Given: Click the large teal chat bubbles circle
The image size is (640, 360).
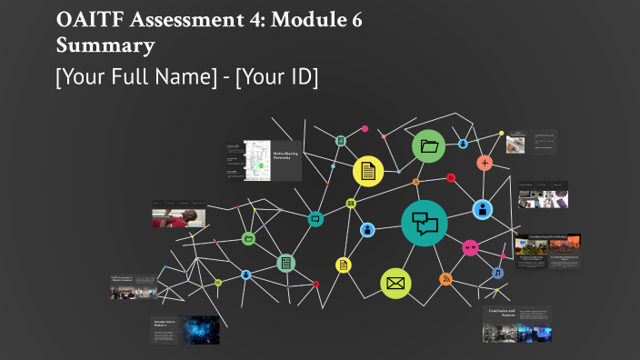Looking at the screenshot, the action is click(425, 223).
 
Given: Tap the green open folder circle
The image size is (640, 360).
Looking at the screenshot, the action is click(429, 146).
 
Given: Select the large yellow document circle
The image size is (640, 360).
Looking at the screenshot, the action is click(367, 170).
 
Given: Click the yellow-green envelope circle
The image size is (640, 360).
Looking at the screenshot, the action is click(395, 284).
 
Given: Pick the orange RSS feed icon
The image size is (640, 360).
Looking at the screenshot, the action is click(445, 279).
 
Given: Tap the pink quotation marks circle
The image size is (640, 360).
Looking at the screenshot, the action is click(470, 247).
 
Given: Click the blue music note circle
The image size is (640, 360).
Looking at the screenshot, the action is click(497, 273).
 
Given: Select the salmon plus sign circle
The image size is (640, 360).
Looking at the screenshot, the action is click(485, 163).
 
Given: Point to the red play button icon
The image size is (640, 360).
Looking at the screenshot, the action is click(450, 178).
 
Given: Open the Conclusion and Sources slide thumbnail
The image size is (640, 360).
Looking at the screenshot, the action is click(516, 324).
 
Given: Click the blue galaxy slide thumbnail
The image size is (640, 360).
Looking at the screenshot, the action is click(185, 329).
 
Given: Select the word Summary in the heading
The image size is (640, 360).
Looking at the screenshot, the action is click(105, 44).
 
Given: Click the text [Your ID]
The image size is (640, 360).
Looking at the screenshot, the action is click(276, 77).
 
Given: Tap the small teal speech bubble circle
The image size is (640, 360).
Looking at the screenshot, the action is click(315, 218).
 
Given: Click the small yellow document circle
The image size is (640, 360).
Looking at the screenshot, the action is click(344, 265).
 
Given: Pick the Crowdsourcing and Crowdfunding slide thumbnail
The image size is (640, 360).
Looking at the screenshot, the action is click(547, 251).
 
